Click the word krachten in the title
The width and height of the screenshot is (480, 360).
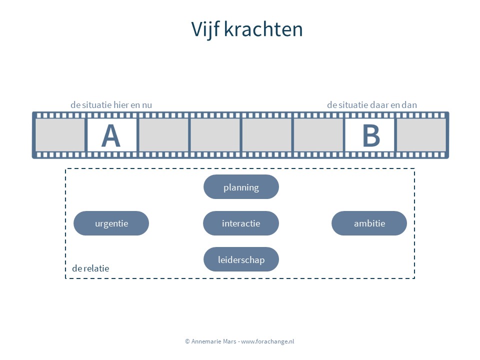tap(263, 29)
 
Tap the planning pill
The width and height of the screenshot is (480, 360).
tap(241, 186)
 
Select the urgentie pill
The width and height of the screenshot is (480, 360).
tap(111, 223)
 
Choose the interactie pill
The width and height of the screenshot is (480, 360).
tap(241, 223)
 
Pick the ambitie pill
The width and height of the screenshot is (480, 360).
tap(369, 223)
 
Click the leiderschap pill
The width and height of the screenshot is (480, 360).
tap(241, 259)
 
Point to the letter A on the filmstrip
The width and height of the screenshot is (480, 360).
tap(111, 135)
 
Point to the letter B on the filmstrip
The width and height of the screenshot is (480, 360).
tap(371, 135)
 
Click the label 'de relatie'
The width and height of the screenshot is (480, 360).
tap(90, 268)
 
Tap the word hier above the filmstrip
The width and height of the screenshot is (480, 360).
tap(121, 105)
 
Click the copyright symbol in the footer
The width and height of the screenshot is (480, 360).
tap(187, 341)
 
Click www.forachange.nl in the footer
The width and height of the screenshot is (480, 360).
tap(267, 341)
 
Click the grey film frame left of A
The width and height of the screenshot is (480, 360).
tap(60, 135)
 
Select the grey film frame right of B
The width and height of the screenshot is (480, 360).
tap(421, 135)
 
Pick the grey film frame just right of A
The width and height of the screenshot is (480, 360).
tap(164, 135)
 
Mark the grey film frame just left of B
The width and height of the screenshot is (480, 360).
tap(318, 135)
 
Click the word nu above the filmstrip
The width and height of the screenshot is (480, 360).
tap(147, 105)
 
